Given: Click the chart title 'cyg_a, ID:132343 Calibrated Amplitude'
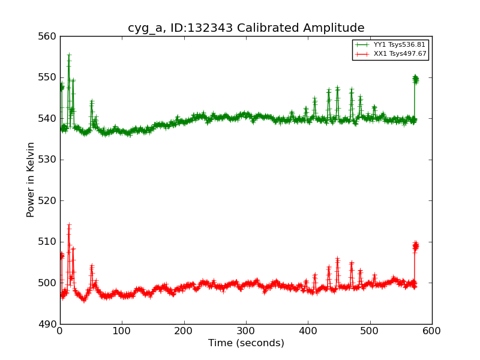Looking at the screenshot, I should pos(246,28).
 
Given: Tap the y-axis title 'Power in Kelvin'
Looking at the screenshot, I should pos(31,179).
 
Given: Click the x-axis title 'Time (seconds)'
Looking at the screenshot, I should pos(246,343).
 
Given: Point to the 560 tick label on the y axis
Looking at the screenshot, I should pos(49,37).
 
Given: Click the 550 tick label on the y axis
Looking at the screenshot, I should pos(49,77).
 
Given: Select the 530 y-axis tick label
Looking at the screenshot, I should pos(49,160).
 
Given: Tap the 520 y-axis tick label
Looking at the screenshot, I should pos(49,200).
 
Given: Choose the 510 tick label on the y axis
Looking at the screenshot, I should pos(49,242).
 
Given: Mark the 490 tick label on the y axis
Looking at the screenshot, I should pos(49,324).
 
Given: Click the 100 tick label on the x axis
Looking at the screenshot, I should pos(122,331).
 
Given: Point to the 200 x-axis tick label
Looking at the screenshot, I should pos(184,331).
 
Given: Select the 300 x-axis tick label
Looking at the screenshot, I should pos(246,331).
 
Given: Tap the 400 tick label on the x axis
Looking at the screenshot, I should pos(308,331).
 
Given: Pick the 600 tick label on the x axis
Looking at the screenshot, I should pos(432,331).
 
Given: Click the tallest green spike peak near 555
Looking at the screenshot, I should pos(69,56).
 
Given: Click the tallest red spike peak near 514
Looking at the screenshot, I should pos(69,226).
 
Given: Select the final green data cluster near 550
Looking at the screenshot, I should pos(415,79).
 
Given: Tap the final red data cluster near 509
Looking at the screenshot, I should pos(415,245).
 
